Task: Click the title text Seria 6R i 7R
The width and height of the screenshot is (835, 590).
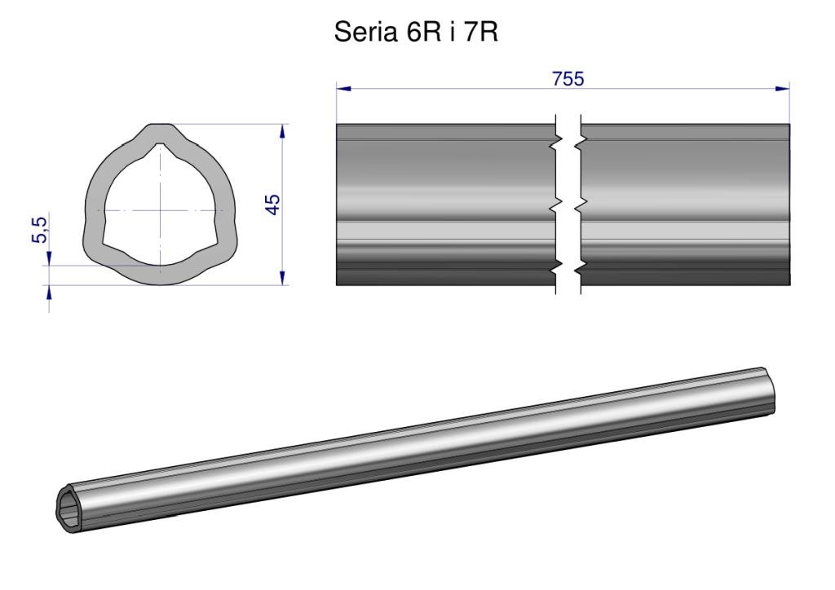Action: tap(416, 33)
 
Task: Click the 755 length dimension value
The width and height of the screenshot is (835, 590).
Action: tap(568, 79)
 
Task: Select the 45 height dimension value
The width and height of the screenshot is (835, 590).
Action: tap(272, 205)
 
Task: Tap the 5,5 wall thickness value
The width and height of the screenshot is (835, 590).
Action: tap(40, 230)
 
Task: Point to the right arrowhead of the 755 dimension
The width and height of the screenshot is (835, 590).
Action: tap(782, 88)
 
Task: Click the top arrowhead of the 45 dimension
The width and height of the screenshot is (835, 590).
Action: tap(283, 131)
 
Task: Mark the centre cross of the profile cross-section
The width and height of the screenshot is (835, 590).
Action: tap(161, 211)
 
